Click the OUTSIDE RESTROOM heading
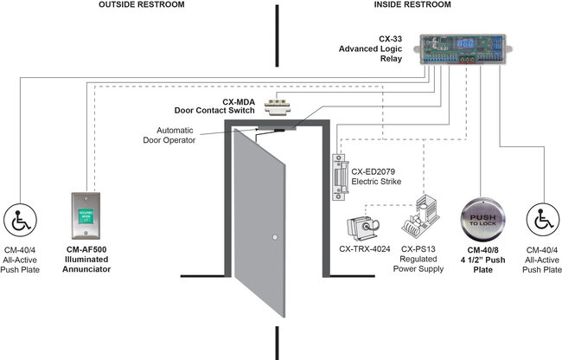coord(141,6)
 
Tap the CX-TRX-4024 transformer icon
coord(363,227)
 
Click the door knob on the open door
coord(272,238)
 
